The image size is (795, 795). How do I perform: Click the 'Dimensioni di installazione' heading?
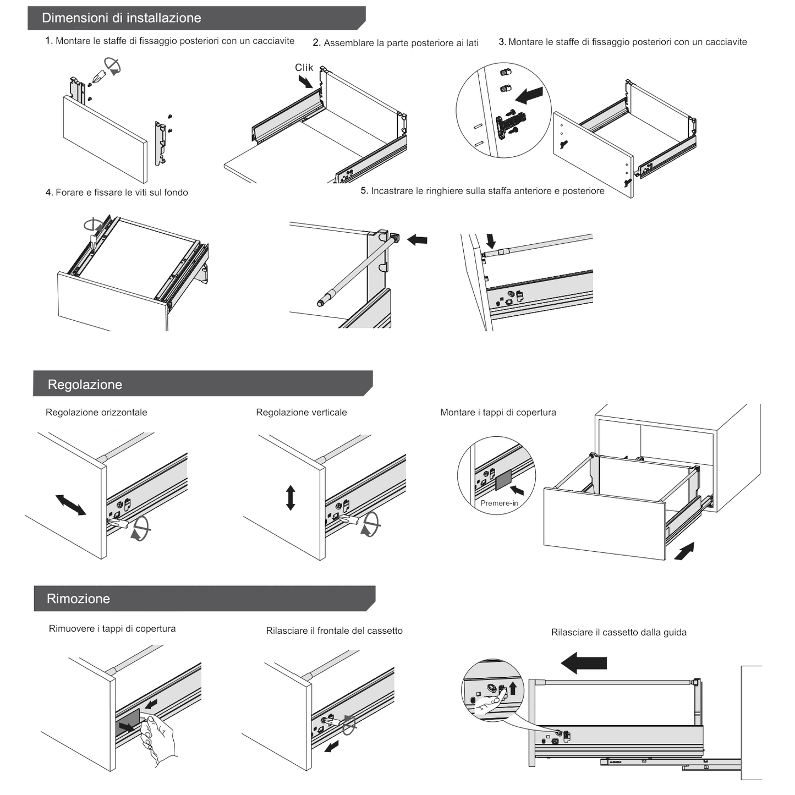[x=121, y=18]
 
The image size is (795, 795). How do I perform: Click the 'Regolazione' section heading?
[x=85, y=385]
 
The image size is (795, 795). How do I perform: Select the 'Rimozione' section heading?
[x=78, y=599]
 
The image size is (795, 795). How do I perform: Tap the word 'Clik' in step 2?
[x=304, y=68]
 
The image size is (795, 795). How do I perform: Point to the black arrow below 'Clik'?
[x=305, y=82]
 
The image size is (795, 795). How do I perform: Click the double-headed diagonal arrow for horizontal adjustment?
[x=71, y=505]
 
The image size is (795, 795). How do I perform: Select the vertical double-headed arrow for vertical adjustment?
[x=290, y=497]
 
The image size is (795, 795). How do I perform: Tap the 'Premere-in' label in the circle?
[x=499, y=503]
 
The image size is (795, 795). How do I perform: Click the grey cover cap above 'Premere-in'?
[x=503, y=479]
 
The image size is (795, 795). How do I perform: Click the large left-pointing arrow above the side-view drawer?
[x=584, y=663]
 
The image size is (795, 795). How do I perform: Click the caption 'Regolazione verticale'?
[x=301, y=412]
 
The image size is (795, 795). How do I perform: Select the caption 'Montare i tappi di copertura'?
[x=498, y=412]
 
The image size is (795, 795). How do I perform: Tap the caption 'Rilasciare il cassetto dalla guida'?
[x=618, y=632]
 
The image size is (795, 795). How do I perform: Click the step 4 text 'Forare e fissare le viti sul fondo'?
[x=117, y=193]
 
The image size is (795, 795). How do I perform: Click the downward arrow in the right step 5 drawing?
[x=491, y=240]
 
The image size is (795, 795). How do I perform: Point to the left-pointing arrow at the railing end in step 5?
[x=418, y=239]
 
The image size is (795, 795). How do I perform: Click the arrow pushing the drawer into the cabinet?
[x=684, y=551]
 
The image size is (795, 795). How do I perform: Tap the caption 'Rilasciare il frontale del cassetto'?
[x=334, y=630]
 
